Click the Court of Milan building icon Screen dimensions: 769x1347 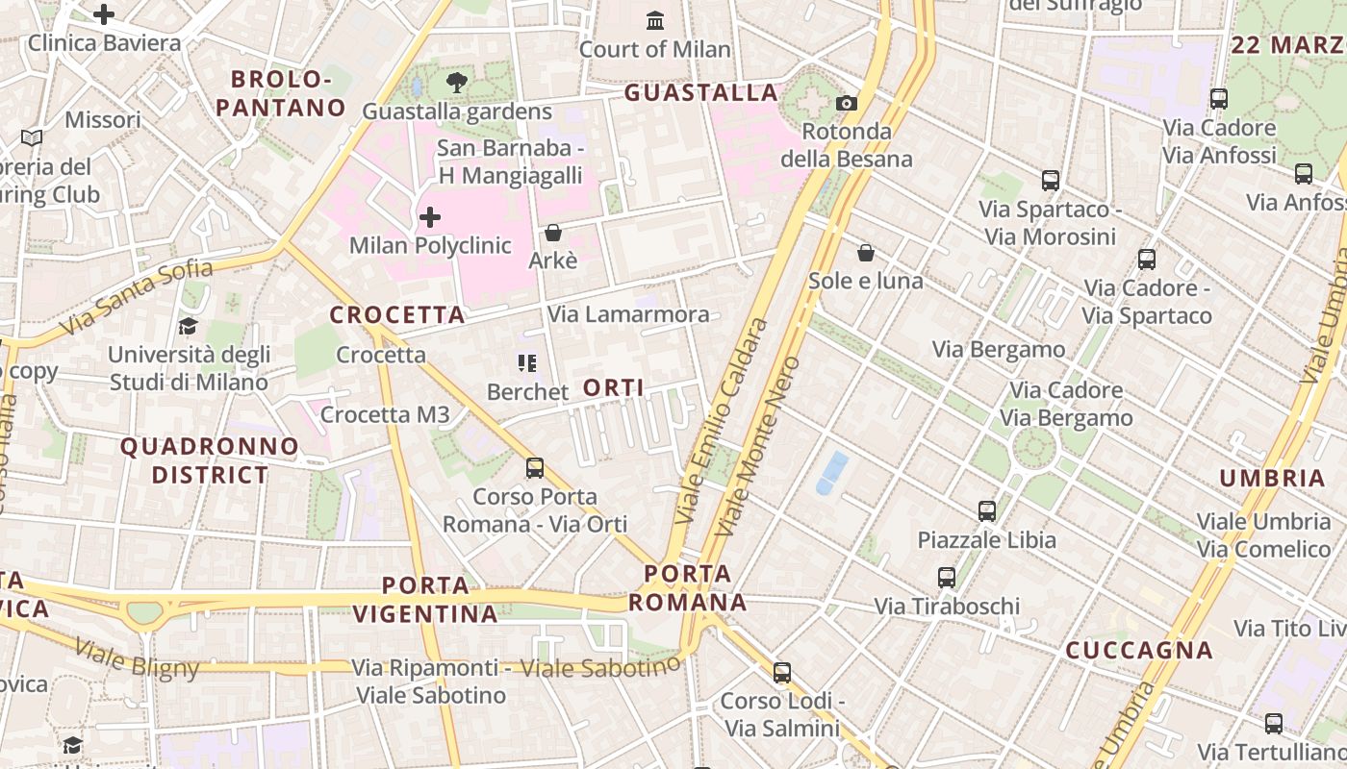[655, 19]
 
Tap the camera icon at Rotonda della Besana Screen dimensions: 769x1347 [847, 103]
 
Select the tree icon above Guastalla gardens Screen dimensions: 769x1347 [457, 83]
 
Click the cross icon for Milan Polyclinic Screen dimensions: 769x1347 [430, 217]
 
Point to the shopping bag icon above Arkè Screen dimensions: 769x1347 [552, 233]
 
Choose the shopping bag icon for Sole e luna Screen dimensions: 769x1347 [866, 253]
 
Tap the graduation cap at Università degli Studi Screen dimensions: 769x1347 [188, 327]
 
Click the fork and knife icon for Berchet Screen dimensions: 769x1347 [526, 363]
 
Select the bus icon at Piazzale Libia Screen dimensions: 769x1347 [987, 511]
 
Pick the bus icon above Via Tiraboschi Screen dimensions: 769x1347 [947, 578]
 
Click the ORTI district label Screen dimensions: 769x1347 [614, 388]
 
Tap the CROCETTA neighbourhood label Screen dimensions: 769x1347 [397, 315]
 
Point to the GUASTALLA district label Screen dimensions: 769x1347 [701, 93]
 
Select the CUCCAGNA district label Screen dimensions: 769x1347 [1139, 651]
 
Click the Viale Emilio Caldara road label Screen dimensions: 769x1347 [722, 421]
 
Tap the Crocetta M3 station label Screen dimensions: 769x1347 [385, 414]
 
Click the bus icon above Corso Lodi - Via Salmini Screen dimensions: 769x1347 [782, 673]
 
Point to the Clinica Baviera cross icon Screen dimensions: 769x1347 [104, 14]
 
